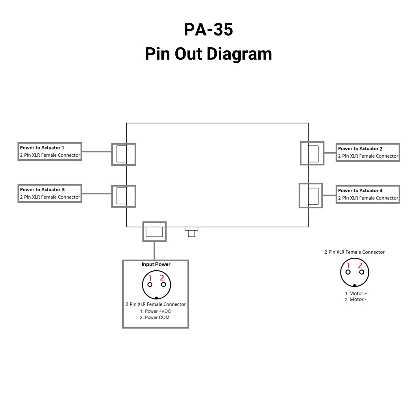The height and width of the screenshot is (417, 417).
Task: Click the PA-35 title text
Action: [x=208, y=29]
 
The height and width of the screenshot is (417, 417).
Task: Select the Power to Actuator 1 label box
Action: [x=50, y=151]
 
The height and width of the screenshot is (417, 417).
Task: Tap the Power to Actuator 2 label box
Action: [x=368, y=152]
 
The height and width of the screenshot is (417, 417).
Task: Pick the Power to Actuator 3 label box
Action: [x=50, y=193]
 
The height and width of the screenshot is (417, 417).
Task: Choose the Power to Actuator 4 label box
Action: [x=368, y=194]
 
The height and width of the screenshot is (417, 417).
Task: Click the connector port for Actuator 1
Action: [x=124, y=154]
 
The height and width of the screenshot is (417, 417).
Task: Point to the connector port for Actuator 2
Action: [x=312, y=154]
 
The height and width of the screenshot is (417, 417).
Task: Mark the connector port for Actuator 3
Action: [x=124, y=196]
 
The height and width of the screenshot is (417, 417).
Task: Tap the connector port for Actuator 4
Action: [x=311, y=196]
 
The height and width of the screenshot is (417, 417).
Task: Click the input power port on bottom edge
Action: [x=154, y=231]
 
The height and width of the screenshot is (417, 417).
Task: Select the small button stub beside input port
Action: [x=191, y=232]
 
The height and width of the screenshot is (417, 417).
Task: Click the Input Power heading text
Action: [x=156, y=264]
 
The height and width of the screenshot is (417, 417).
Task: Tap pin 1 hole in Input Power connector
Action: [x=150, y=285]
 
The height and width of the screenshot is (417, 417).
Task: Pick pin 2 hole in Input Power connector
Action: [x=164, y=285]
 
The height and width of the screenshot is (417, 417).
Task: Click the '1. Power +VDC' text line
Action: [x=156, y=311]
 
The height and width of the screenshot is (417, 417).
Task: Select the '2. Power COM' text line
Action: [x=155, y=317]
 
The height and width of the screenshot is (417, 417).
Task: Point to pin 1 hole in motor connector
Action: [x=348, y=272]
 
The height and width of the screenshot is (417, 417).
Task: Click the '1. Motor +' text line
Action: [x=356, y=293]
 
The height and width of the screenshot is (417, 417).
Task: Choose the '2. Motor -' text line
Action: [x=356, y=300]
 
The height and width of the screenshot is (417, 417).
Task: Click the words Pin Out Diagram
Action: [x=208, y=54]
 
